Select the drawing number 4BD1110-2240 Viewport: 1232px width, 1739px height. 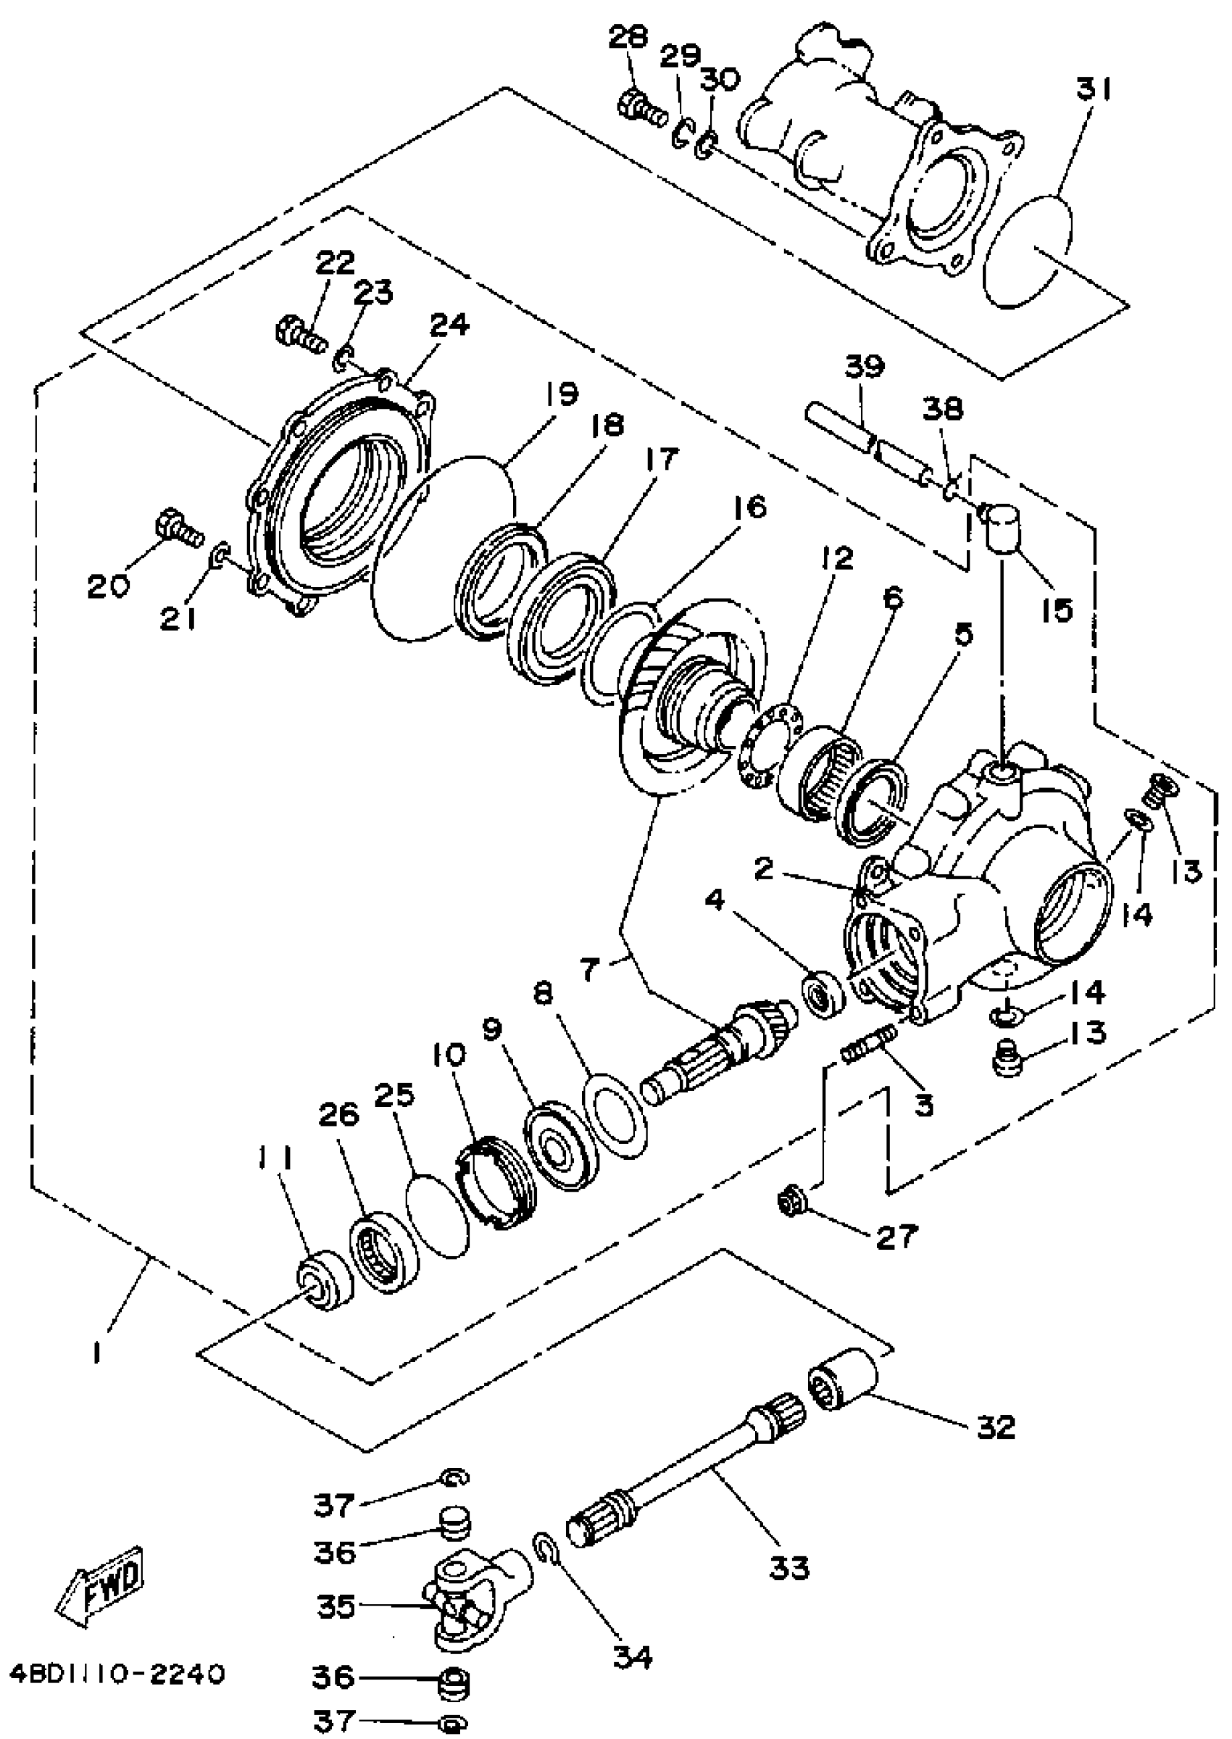point(117,1674)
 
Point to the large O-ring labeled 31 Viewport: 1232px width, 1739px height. point(1027,251)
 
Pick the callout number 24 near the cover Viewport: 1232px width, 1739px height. point(449,325)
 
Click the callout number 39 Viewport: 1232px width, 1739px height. point(865,368)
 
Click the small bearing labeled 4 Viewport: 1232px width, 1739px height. point(823,992)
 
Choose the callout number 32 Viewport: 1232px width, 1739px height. point(996,1427)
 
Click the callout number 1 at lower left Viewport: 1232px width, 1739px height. point(96,1351)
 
